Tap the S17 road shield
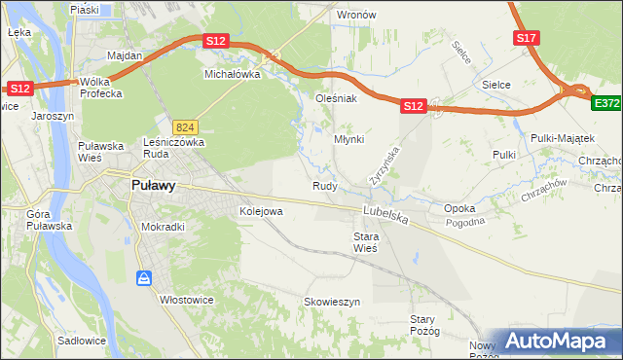click(x=526, y=38)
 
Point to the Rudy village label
click(x=325, y=186)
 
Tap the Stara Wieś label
click(x=366, y=242)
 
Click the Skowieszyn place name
click(x=332, y=303)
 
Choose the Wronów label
click(x=355, y=16)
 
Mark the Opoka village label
click(x=459, y=208)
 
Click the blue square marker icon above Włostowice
click(x=145, y=279)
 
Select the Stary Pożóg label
click(x=426, y=325)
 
